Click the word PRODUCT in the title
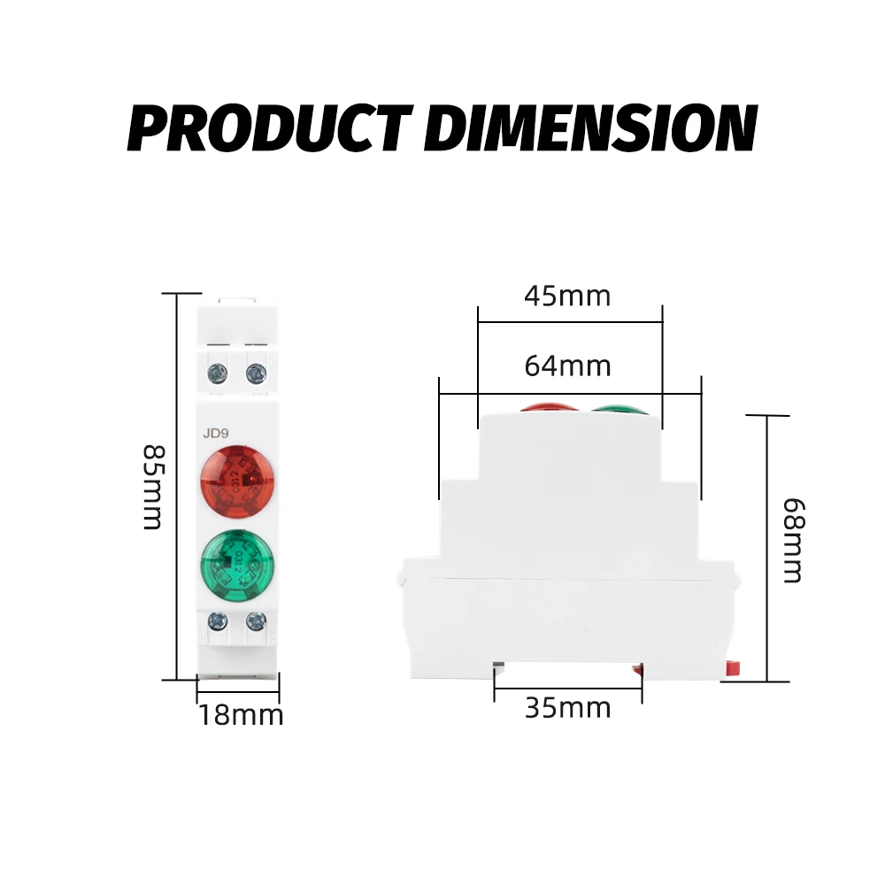pyautogui.click(x=270, y=128)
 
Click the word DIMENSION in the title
pyautogui.click(x=590, y=128)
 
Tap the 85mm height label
pyautogui.click(x=153, y=487)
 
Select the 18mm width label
pyautogui.click(x=241, y=716)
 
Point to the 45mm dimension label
pyautogui.click(x=567, y=296)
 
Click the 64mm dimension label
pyautogui.click(x=567, y=366)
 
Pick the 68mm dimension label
pyautogui.click(x=794, y=540)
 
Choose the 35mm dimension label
pyautogui.click(x=568, y=708)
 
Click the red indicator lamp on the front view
pyautogui.click(x=237, y=481)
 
